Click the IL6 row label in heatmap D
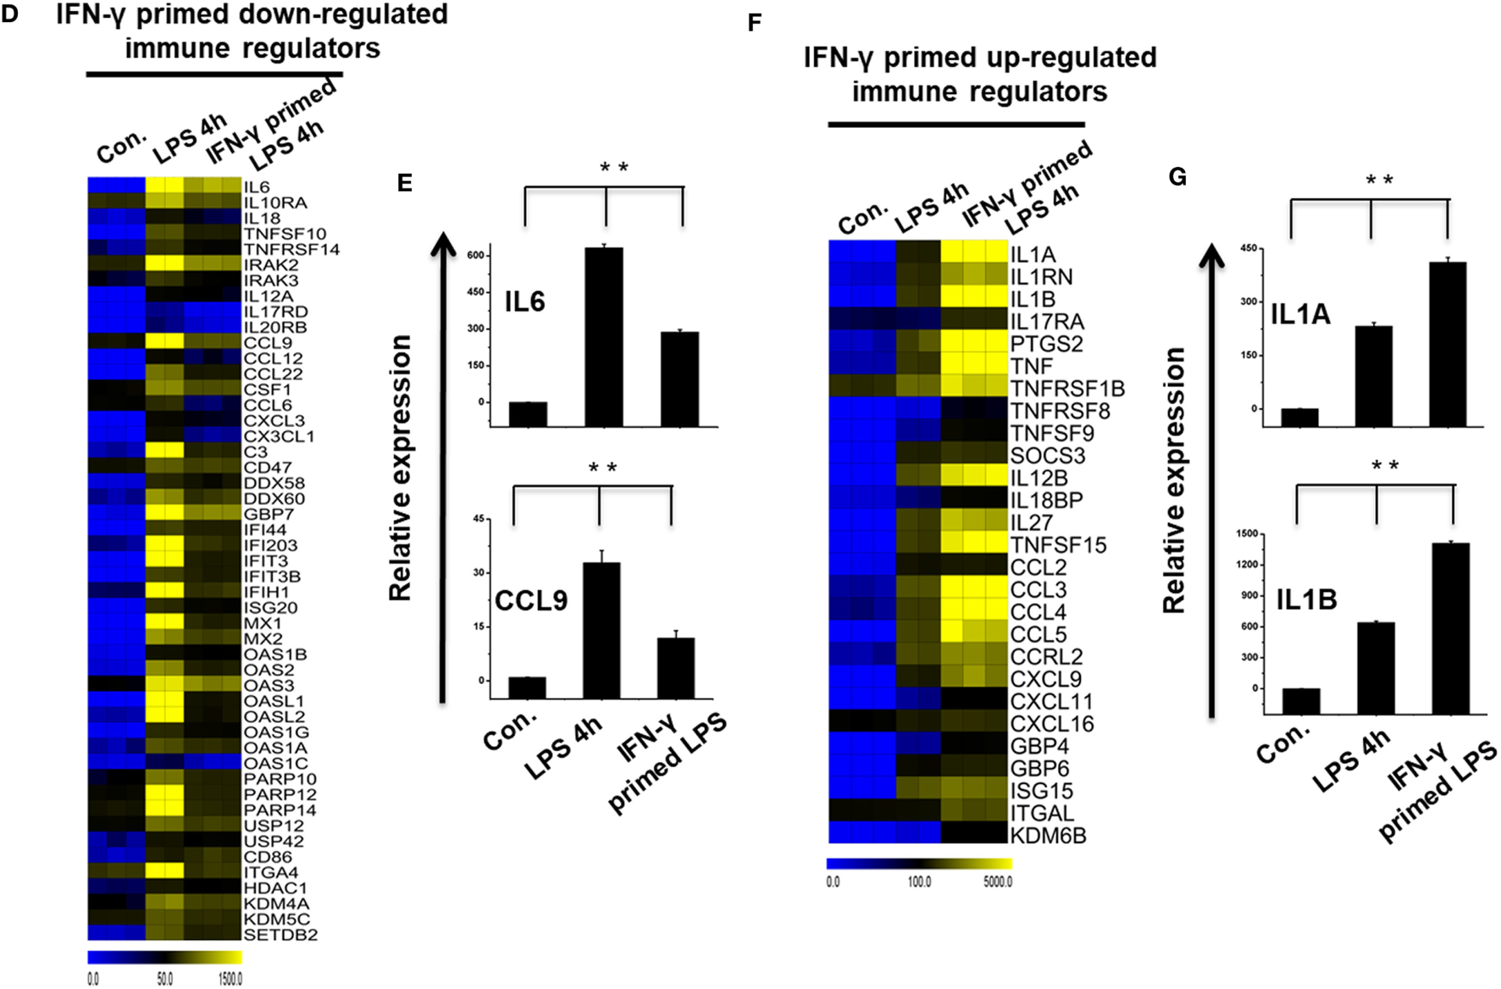coord(257,187)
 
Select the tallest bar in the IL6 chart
coord(604,336)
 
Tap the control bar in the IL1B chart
coord(1300,701)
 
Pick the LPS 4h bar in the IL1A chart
coord(1373,376)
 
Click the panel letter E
coord(405,183)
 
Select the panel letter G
coord(1177,177)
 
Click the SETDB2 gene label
coord(280,935)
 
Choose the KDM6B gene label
coord(1048,836)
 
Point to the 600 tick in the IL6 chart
coord(476,255)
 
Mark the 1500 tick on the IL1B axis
coord(1247,533)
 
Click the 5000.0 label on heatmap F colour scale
coord(998,882)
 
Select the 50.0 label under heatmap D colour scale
coord(164,979)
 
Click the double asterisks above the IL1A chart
coord(1380,180)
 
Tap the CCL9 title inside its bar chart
coord(531,600)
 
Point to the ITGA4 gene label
coord(271,872)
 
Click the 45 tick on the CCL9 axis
coord(479,519)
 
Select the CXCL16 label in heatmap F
coord(1052,724)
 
